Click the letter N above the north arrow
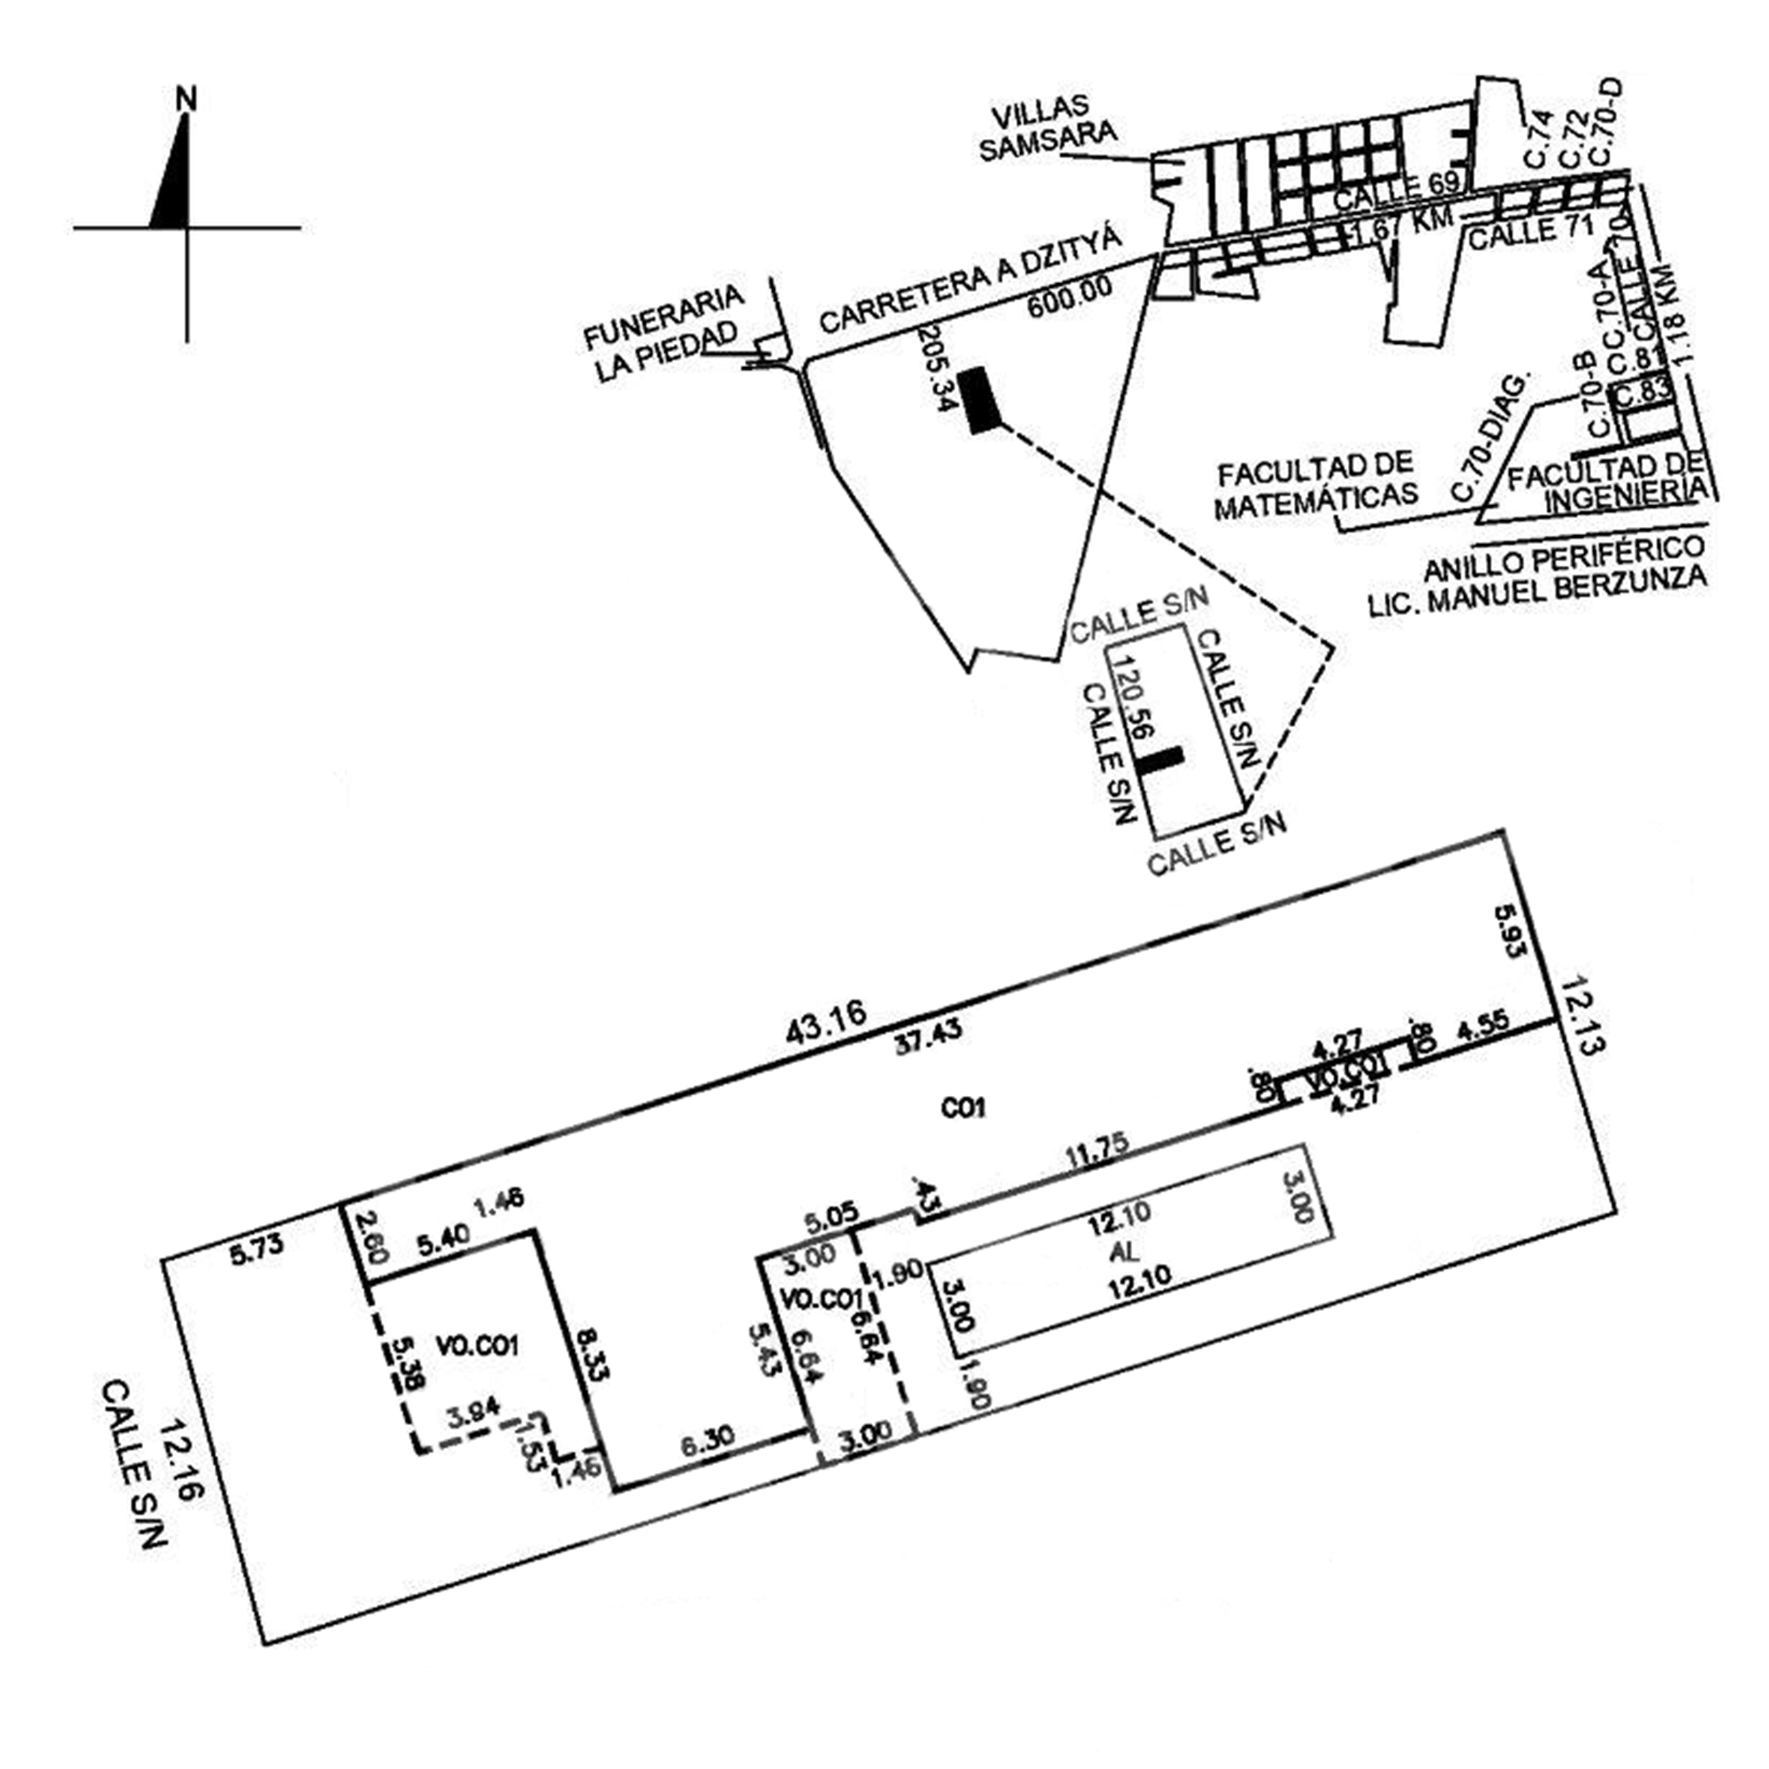coord(187,98)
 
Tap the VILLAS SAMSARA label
coord(1047,131)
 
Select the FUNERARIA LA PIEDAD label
coord(664,334)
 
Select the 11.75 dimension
coord(1096,1153)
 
